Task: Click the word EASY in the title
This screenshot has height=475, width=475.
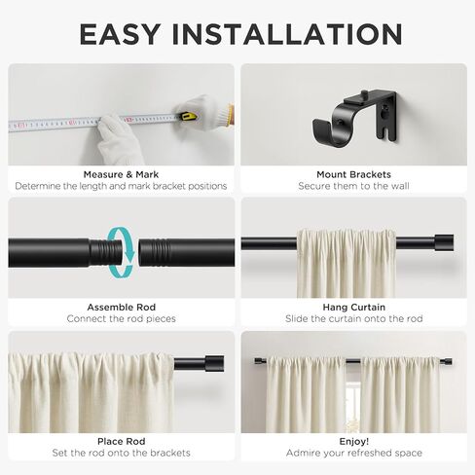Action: (x=120, y=34)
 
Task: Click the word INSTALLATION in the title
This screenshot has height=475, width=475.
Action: (x=287, y=34)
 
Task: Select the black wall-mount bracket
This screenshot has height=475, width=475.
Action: (x=354, y=117)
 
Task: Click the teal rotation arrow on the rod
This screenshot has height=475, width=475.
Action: (x=121, y=253)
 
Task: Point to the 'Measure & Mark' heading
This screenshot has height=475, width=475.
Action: (x=121, y=174)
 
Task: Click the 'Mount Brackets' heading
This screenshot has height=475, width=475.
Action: (x=353, y=174)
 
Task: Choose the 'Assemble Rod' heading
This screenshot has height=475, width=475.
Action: (x=122, y=307)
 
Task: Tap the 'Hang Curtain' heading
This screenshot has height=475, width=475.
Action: (x=354, y=307)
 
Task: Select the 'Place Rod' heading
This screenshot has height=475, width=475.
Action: (x=122, y=441)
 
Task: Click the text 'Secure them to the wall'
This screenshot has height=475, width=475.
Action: (x=353, y=186)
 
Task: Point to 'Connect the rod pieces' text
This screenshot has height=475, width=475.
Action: (x=122, y=319)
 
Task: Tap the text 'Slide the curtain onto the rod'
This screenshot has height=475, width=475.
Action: (x=354, y=319)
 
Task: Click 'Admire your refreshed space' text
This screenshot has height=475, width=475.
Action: (x=354, y=453)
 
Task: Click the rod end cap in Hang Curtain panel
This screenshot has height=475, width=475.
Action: (x=444, y=243)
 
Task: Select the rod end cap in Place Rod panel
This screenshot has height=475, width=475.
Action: (x=214, y=363)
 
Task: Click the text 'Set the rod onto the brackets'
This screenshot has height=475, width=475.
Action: (x=122, y=453)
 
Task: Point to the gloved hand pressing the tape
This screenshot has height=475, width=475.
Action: (x=119, y=140)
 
